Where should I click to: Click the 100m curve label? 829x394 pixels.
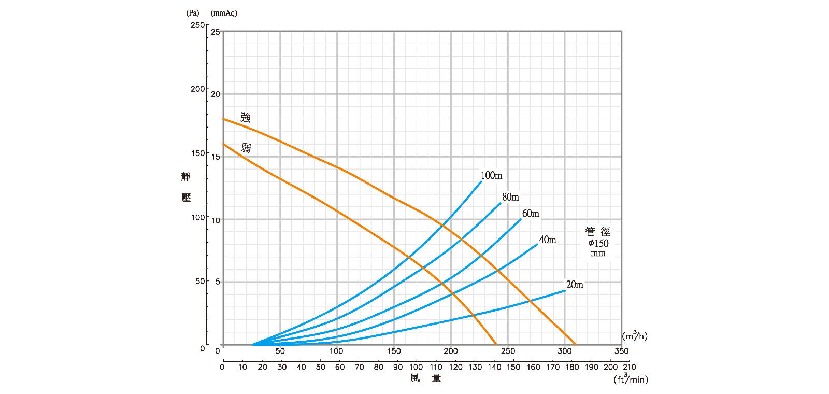[491, 175]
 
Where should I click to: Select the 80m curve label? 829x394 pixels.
[510, 197]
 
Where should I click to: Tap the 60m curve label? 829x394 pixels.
[531, 214]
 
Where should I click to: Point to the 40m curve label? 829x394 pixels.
[548, 240]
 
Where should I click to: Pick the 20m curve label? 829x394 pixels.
[575, 285]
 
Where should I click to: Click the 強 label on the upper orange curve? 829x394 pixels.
[246, 118]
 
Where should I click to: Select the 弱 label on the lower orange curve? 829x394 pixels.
[246, 148]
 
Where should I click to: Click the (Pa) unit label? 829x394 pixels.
[192, 13]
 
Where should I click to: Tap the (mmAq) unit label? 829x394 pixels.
[224, 13]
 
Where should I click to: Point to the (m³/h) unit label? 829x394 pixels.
[635, 336]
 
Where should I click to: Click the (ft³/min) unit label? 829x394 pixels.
[631, 379]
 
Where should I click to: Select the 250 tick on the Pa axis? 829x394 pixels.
[197, 25]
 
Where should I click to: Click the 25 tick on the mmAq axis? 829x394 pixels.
[215, 32]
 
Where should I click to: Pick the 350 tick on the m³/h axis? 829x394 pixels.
[621, 351]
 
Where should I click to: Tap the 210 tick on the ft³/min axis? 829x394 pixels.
[630, 367]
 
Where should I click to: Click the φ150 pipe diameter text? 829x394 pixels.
[598, 243]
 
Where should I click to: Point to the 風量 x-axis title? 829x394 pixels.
[425, 378]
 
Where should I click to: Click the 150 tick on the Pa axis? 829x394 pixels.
[197, 153]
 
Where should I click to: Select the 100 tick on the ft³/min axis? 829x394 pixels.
[416, 367]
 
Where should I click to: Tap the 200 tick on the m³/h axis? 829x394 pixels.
[451, 351]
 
